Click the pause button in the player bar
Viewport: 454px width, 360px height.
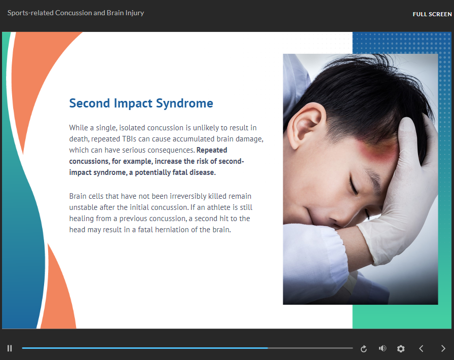[10, 348]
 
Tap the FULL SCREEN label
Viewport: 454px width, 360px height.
[432, 14]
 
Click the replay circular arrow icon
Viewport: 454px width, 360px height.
[364, 349]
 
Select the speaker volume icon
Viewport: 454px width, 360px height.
[383, 348]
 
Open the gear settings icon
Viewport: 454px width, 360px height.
[401, 348]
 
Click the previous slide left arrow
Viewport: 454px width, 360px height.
[421, 348]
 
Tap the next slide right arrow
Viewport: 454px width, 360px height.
[443, 348]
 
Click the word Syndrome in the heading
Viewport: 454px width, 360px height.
[184, 103]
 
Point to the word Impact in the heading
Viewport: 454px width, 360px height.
[133, 103]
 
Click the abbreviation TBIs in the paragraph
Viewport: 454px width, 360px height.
[129, 139]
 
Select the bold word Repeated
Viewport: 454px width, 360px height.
[212, 150]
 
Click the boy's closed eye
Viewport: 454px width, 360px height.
[354, 186]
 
